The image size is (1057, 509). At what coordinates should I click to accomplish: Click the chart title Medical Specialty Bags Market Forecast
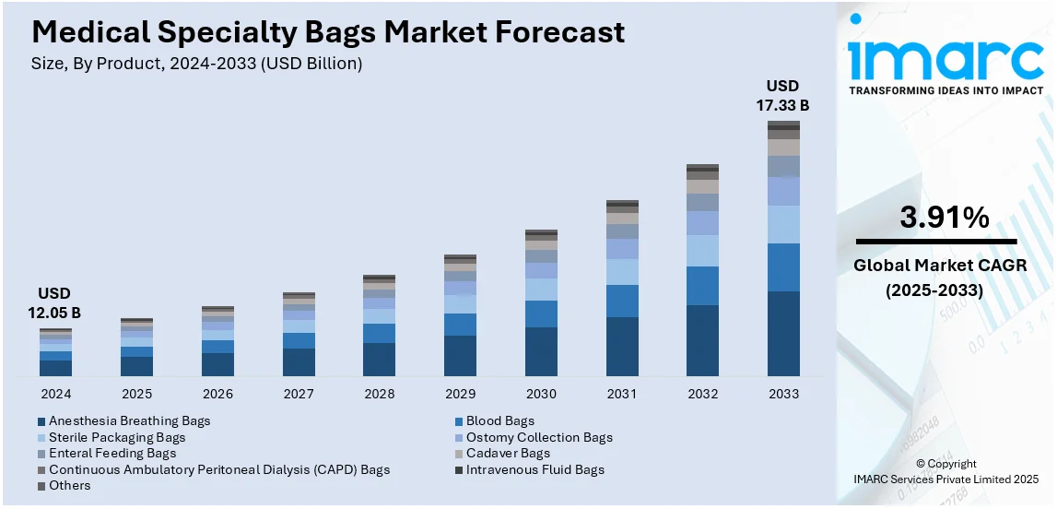coord(328,32)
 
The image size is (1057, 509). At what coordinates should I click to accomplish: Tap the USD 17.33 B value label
coord(782,96)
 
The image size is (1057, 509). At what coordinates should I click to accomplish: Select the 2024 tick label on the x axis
coord(55,394)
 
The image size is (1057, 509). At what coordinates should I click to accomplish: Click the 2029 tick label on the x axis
coord(460,394)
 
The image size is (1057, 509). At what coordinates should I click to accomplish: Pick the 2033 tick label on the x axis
coord(783,394)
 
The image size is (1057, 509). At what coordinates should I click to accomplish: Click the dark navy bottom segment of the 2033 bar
coord(783,334)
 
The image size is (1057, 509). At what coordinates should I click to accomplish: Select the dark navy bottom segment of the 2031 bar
coord(622,347)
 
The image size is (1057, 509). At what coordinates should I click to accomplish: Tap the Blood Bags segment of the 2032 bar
coord(702,286)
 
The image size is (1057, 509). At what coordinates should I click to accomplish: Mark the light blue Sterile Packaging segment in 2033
coord(783,224)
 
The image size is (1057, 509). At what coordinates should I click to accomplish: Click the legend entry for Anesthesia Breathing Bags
coord(129,420)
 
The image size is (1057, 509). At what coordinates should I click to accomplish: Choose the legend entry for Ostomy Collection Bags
coord(538,437)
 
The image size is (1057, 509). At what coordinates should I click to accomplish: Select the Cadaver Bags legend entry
coord(507,453)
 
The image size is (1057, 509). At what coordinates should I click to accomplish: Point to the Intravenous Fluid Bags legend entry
coord(534,469)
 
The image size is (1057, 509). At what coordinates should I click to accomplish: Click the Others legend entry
coord(69,485)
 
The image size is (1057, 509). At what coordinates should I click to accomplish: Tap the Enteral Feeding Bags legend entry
coord(112,453)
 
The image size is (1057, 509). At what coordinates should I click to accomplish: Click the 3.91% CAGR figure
coord(945,218)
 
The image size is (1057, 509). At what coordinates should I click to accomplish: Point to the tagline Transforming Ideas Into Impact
coord(945,90)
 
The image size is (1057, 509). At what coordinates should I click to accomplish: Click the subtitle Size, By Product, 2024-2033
coord(197,64)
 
